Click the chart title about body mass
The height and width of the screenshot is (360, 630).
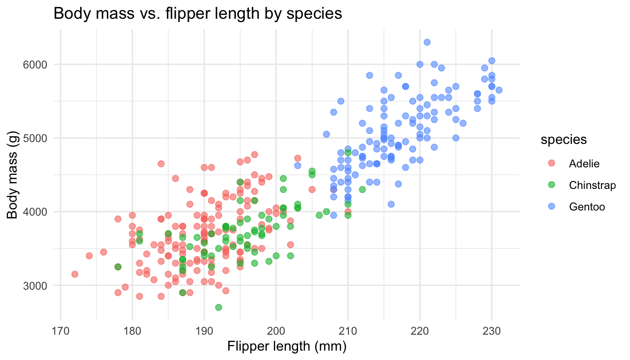pyautogui.click(x=198, y=14)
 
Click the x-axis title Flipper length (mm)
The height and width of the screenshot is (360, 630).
pyautogui.click(x=286, y=347)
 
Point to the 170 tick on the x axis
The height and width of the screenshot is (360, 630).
pyautogui.click(x=60, y=331)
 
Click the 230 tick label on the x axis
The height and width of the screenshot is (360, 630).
pyautogui.click(x=491, y=331)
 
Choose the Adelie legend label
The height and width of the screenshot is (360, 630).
pyautogui.click(x=584, y=163)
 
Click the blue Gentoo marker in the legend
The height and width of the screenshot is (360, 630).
pyautogui.click(x=551, y=206)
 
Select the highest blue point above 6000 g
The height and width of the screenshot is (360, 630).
pyautogui.click(x=427, y=42)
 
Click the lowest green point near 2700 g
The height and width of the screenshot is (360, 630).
pyautogui.click(x=218, y=307)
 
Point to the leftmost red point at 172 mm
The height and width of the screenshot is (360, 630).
pyautogui.click(x=75, y=274)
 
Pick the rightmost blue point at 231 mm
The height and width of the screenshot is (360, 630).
pyautogui.click(x=499, y=90)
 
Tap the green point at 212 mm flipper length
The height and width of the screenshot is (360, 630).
pyautogui.click(x=362, y=189)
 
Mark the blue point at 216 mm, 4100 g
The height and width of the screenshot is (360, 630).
pyautogui.click(x=391, y=204)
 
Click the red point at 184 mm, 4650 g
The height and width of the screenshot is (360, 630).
pyautogui.click(x=161, y=164)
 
